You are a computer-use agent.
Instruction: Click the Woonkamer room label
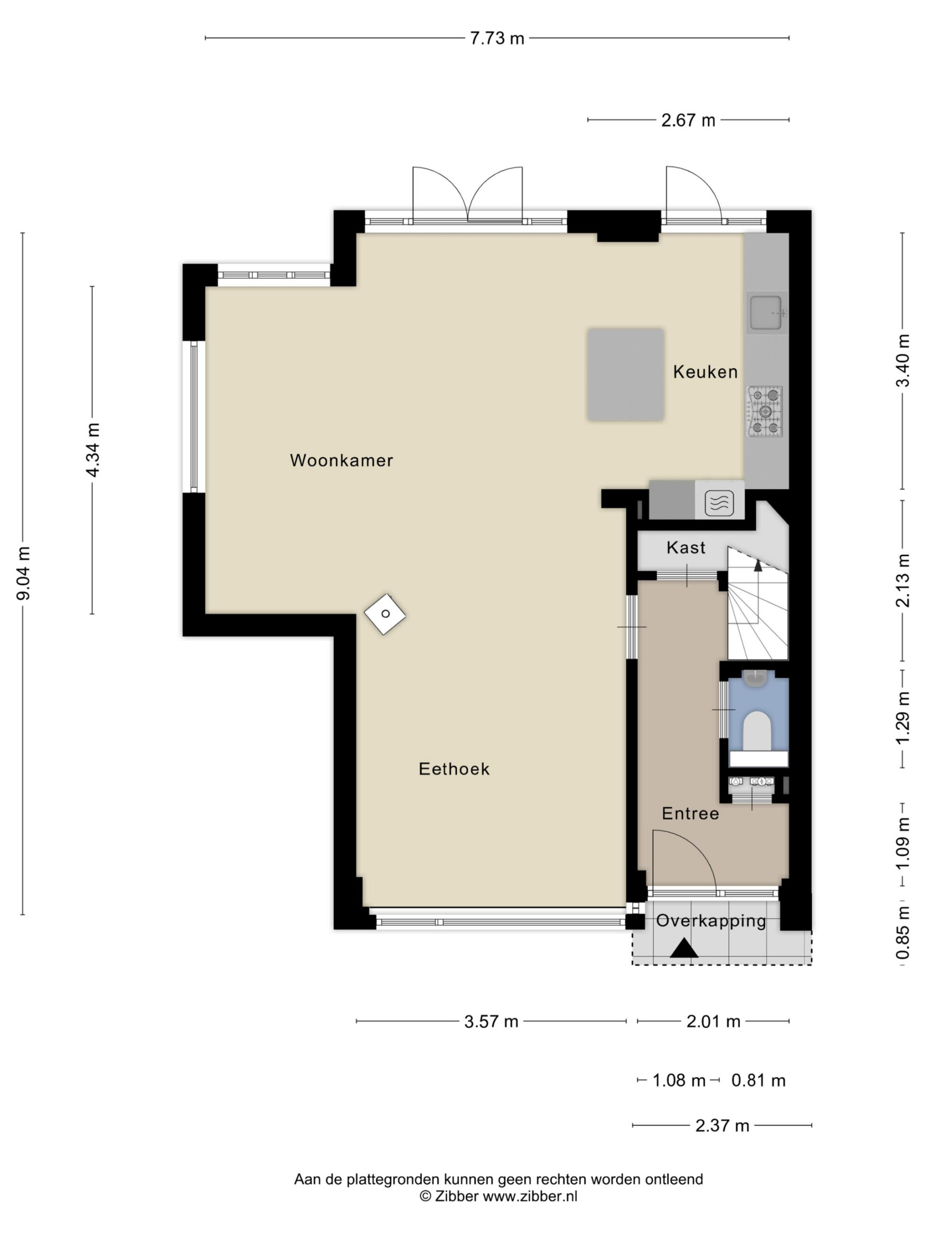pos(341,460)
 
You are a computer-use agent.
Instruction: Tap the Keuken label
pos(705,372)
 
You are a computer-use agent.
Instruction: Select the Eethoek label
pos(454,769)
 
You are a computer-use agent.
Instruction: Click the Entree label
pos(690,814)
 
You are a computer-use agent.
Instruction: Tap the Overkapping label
pos(711,920)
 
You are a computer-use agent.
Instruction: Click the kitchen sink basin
pos(766,313)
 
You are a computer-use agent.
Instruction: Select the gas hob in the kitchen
pos(765,411)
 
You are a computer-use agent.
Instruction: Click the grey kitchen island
pos(625,375)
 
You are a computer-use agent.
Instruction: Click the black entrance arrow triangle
pos(684,948)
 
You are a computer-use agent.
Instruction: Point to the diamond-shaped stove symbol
pos(385,614)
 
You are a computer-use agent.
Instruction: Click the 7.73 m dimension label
pos(497,38)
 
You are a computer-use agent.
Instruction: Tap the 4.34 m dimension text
pos(92,450)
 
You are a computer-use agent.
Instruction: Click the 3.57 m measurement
pos(491,1022)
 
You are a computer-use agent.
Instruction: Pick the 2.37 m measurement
pos(722,1126)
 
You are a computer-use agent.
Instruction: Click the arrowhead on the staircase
pos(758,565)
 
